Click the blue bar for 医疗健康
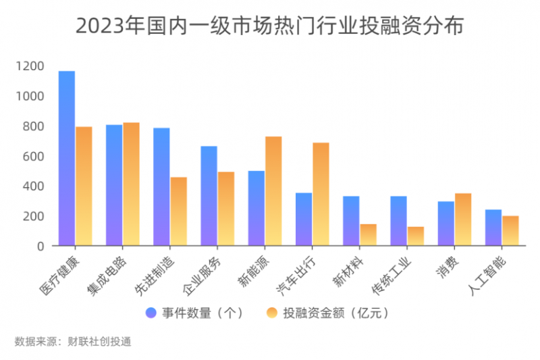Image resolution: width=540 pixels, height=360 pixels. [x=67, y=159]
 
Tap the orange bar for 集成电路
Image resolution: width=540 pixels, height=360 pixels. [x=131, y=184]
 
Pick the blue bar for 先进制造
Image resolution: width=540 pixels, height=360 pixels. [x=161, y=187]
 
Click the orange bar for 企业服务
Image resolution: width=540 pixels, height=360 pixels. [x=225, y=209]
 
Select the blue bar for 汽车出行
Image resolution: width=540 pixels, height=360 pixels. [x=304, y=220]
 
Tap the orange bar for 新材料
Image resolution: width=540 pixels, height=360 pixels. [x=368, y=235]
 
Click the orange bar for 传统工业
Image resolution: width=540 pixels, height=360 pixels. [x=416, y=236]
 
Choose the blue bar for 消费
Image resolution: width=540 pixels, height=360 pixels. [x=446, y=224]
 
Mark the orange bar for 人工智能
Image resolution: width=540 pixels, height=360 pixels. [x=510, y=231]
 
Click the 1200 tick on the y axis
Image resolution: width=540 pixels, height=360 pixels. [x=32, y=66]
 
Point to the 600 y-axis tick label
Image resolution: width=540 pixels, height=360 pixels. [x=34, y=156]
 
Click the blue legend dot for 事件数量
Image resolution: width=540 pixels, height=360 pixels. [x=151, y=313]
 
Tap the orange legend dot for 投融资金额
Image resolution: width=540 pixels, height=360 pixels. [x=273, y=313]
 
